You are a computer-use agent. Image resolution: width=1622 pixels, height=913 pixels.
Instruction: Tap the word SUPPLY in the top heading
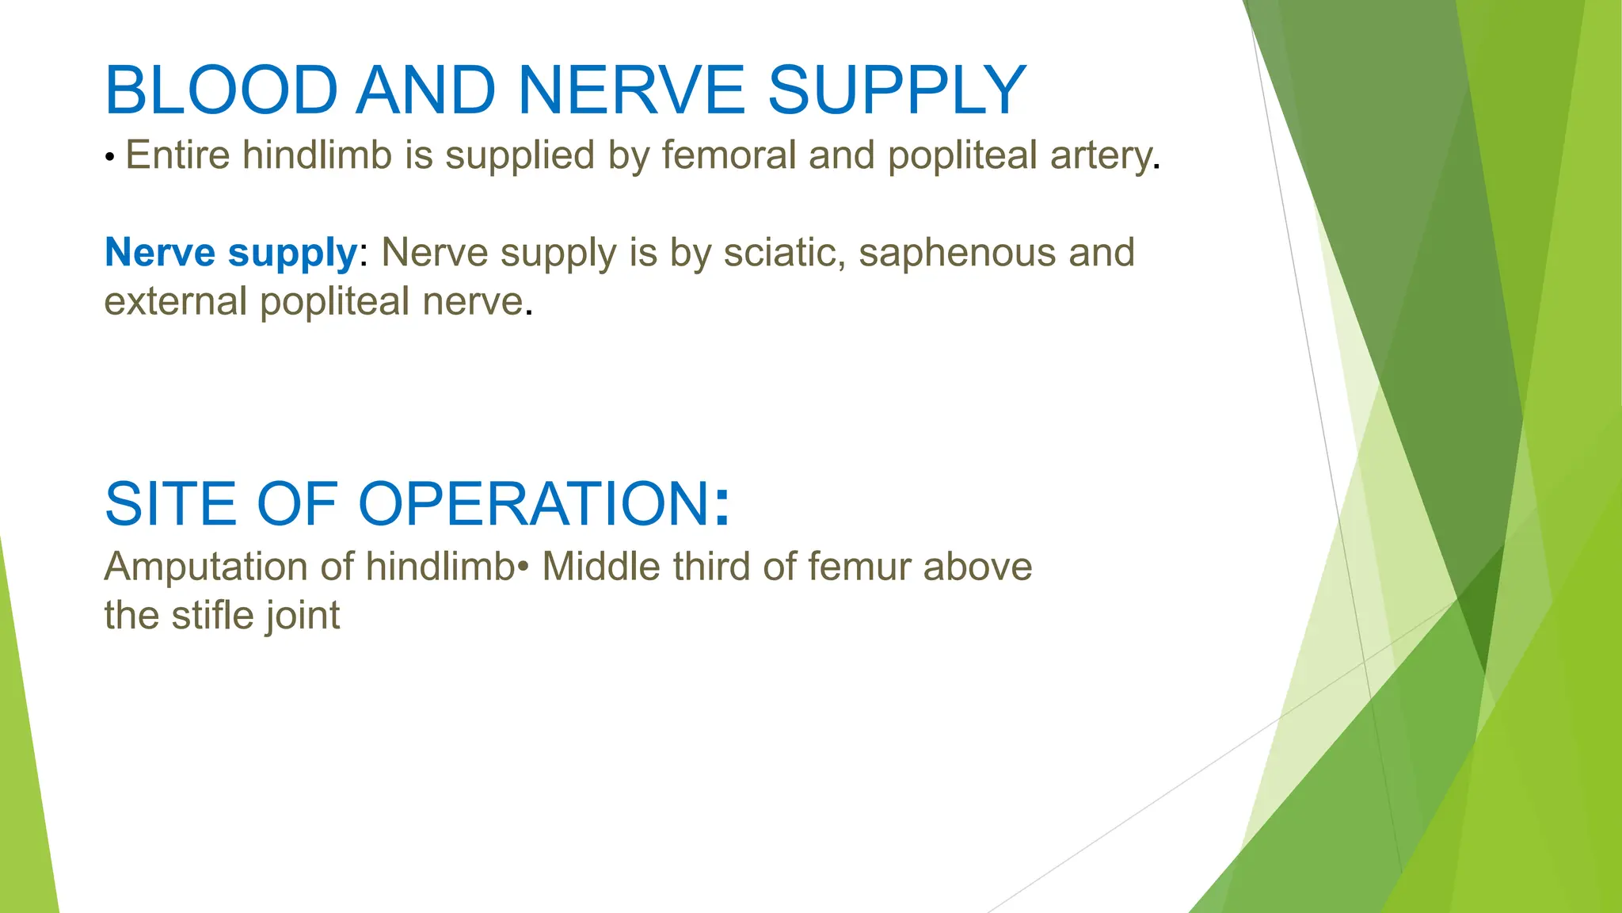tap(897, 90)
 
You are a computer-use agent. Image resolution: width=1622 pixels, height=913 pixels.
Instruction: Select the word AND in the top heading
tap(425, 90)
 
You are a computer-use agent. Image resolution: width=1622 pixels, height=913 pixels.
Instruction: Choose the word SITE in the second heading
tap(170, 504)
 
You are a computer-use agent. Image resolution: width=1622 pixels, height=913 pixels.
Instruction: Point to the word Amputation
tap(206, 568)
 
